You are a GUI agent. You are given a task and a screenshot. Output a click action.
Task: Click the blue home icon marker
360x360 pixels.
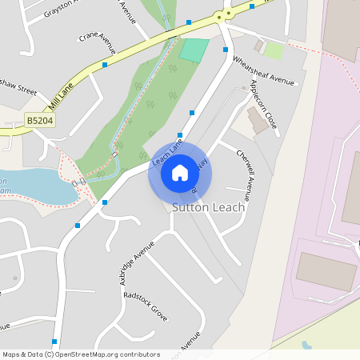pyautogui.click(x=179, y=172)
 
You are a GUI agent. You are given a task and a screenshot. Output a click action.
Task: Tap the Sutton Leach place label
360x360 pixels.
pyautogui.click(x=209, y=207)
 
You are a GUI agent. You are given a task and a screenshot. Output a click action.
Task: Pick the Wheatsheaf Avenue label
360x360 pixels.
pyautogui.click(x=263, y=70)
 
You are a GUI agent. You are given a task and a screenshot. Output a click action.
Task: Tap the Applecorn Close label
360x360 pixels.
pyautogui.click(x=263, y=104)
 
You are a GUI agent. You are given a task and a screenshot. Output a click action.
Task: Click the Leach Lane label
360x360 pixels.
pyautogui.click(x=166, y=153)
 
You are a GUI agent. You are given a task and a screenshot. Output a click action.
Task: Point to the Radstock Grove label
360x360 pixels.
pyautogui.click(x=146, y=305)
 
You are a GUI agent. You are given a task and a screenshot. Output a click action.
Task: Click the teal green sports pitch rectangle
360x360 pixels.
pyautogui.click(x=194, y=50)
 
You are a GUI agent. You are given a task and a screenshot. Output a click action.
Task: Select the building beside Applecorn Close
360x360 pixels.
pyautogui.click(x=258, y=121)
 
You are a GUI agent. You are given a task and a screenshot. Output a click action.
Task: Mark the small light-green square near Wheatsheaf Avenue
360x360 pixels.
pyautogui.click(x=274, y=50)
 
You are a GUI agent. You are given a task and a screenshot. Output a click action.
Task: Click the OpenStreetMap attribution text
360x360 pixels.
pyautogui.click(x=81, y=354)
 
